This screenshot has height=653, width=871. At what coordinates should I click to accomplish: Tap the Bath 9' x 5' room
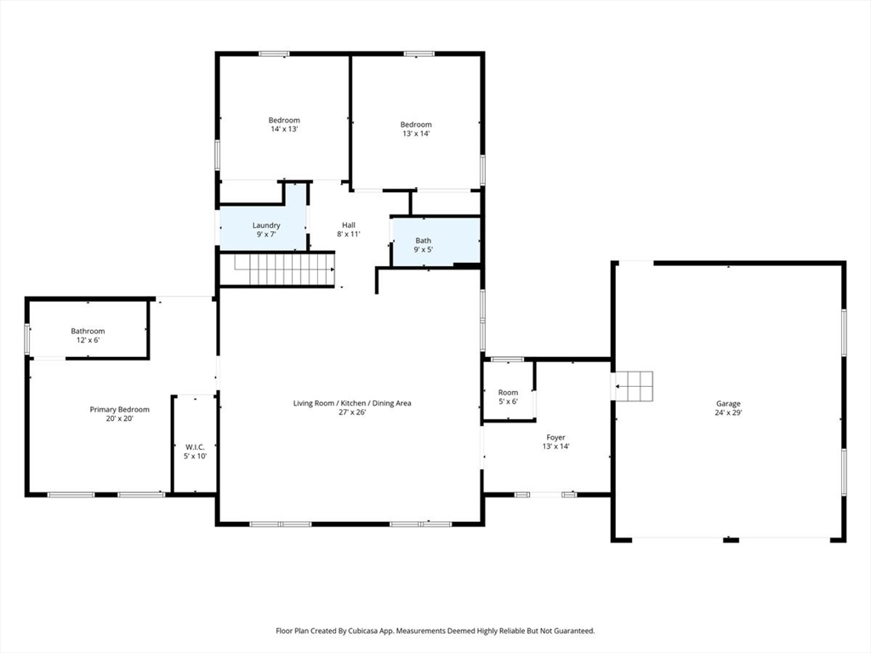[436, 241]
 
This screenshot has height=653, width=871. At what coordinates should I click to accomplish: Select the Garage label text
[728, 404]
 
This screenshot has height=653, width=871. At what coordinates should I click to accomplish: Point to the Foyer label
[555, 438]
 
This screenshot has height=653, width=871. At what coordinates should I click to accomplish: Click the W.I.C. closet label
[195, 447]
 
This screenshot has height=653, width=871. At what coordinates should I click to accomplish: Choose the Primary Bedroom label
[119, 410]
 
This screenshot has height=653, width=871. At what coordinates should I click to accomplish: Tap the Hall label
[348, 224]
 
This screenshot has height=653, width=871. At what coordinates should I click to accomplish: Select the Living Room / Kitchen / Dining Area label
[352, 403]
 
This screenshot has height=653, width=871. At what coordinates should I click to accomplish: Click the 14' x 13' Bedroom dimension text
[284, 129]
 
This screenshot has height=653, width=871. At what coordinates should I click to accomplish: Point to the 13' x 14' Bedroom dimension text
[416, 133]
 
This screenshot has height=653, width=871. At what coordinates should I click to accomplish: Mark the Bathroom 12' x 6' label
[88, 335]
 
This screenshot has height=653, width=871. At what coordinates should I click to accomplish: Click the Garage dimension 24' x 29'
[728, 412]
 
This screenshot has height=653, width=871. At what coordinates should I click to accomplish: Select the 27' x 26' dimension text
[352, 412]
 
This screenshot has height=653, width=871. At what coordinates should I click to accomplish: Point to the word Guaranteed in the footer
[576, 631]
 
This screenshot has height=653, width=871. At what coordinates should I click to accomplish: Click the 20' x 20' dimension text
[119, 418]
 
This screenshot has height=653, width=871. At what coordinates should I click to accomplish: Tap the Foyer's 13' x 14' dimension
[555, 446]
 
